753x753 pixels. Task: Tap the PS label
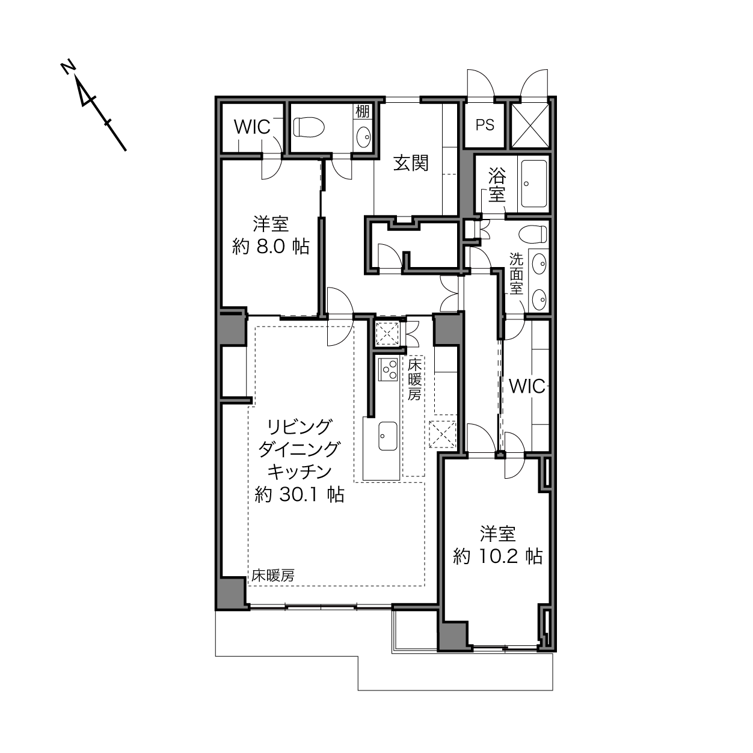coord(485,125)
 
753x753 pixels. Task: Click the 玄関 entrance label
coord(411,163)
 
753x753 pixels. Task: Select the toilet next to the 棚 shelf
coord(309,127)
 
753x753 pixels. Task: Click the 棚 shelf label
coord(362,111)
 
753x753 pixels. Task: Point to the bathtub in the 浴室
coord(534,183)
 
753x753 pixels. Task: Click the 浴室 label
coord(497,185)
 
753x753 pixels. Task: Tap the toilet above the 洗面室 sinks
coord(533,235)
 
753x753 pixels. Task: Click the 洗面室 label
coord(516,274)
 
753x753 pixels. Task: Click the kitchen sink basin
coord(388,435)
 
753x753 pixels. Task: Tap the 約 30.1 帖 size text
coord(300,495)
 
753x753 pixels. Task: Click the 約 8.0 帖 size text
coord(271,247)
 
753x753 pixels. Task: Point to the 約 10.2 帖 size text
coord(498,556)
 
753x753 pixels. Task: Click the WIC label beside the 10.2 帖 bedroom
coord(527,387)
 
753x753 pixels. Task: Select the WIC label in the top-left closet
coord(252,127)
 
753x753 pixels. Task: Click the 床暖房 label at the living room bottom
coord(272,576)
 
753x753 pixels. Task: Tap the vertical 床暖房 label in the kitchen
coord(414,380)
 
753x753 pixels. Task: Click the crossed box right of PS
coord(530,125)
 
